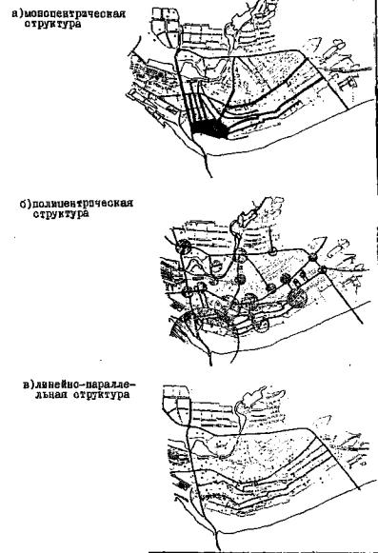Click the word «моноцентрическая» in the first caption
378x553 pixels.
coord(75,14)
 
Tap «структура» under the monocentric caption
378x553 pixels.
coord(52,25)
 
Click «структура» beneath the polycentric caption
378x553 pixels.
coord(61,214)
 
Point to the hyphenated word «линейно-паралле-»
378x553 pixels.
coord(85,384)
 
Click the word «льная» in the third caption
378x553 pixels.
coord(51,394)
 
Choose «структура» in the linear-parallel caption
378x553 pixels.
coord(102,394)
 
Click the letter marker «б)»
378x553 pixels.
coord(26,204)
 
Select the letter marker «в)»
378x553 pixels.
coord(29,384)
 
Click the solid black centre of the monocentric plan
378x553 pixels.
coord(209,128)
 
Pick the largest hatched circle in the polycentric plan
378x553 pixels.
coord(297,298)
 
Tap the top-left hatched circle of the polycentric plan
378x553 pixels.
coord(183,247)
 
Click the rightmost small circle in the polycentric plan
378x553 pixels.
coord(323,270)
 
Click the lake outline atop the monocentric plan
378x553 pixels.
coord(242,24)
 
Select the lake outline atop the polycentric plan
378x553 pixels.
coord(249,218)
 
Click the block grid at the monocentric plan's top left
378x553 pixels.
coord(167,28)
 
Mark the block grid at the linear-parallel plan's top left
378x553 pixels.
coord(176,402)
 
